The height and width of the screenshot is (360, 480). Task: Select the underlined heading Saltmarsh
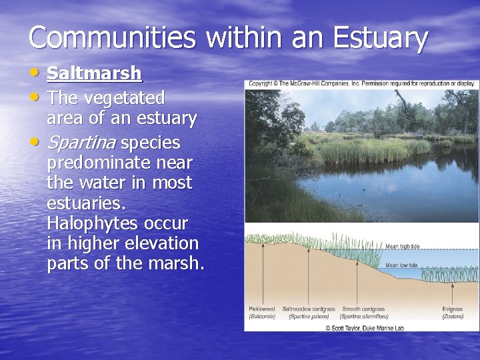click(94, 73)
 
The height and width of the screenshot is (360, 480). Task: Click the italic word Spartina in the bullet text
click(81, 143)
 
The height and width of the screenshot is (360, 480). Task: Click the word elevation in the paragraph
click(157, 243)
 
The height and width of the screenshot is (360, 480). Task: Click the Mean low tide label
click(402, 265)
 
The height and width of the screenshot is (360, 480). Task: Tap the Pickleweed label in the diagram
click(261, 309)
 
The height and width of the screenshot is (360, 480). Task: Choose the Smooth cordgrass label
click(363, 309)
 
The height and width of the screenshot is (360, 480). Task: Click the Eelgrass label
click(452, 309)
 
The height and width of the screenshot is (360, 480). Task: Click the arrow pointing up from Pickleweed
click(261, 273)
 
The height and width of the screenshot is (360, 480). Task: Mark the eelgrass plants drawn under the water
click(450, 275)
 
